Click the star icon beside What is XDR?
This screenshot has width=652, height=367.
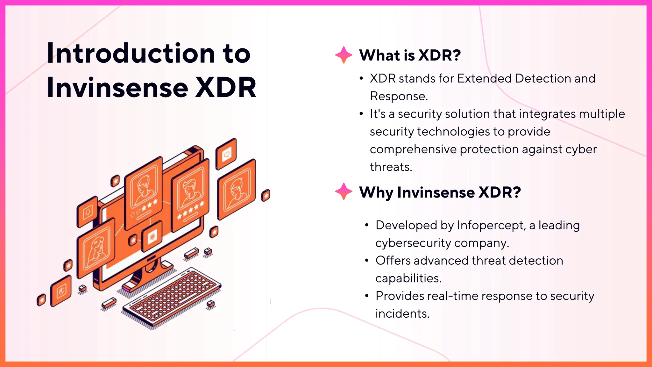pyautogui.click(x=344, y=55)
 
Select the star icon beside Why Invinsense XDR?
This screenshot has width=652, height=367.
pyautogui.click(x=344, y=191)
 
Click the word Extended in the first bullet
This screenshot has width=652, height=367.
pyautogui.click(x=484, y=79)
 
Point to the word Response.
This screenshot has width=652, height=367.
pyautogui.click(x=398, y=96)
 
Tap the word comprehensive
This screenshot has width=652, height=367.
pyautogui.click(x=413, y=149)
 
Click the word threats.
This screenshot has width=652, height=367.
pyautogui.click(x=391, y=167)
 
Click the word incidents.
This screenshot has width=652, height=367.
pyautogui.click(x=402, y=314)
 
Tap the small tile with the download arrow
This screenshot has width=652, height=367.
pyautogui.click(x=87, y=212)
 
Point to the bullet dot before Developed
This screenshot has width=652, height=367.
pyautogui.click(x=367, y=225)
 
